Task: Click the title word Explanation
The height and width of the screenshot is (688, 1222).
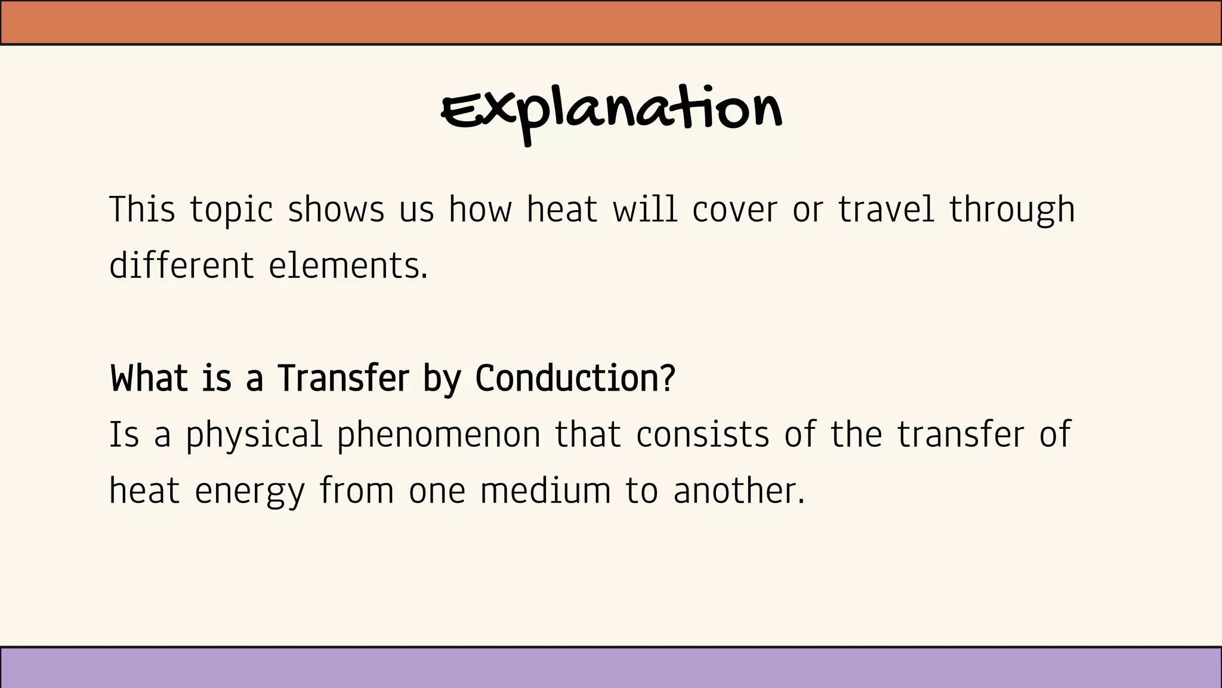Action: (x=612, y=111)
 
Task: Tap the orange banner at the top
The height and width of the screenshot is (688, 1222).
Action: (x=611, y=23)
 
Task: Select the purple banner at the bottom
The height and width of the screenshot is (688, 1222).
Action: (x=611, y=667)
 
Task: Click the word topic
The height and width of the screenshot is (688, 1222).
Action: (x=232, y=211)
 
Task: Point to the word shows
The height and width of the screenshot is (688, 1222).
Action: (x=336, y=210)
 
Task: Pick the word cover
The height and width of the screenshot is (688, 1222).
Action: (x=735, y=210)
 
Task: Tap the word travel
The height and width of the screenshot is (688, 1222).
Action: (x=886, y=210)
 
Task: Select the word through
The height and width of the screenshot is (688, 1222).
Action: (x=1012, y=211)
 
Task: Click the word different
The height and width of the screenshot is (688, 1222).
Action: (x=181, y=265)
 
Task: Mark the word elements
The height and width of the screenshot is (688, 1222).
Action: (x=347, y=265)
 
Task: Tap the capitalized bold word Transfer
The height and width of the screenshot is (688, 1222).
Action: (x=343, y=379)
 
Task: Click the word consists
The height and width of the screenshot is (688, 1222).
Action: (x=702, y=435)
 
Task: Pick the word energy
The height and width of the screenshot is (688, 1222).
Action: (x=250, y=492)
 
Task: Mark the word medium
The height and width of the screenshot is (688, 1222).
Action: (x=545, y=491)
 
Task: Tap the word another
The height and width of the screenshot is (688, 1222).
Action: (x=738, y=491)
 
